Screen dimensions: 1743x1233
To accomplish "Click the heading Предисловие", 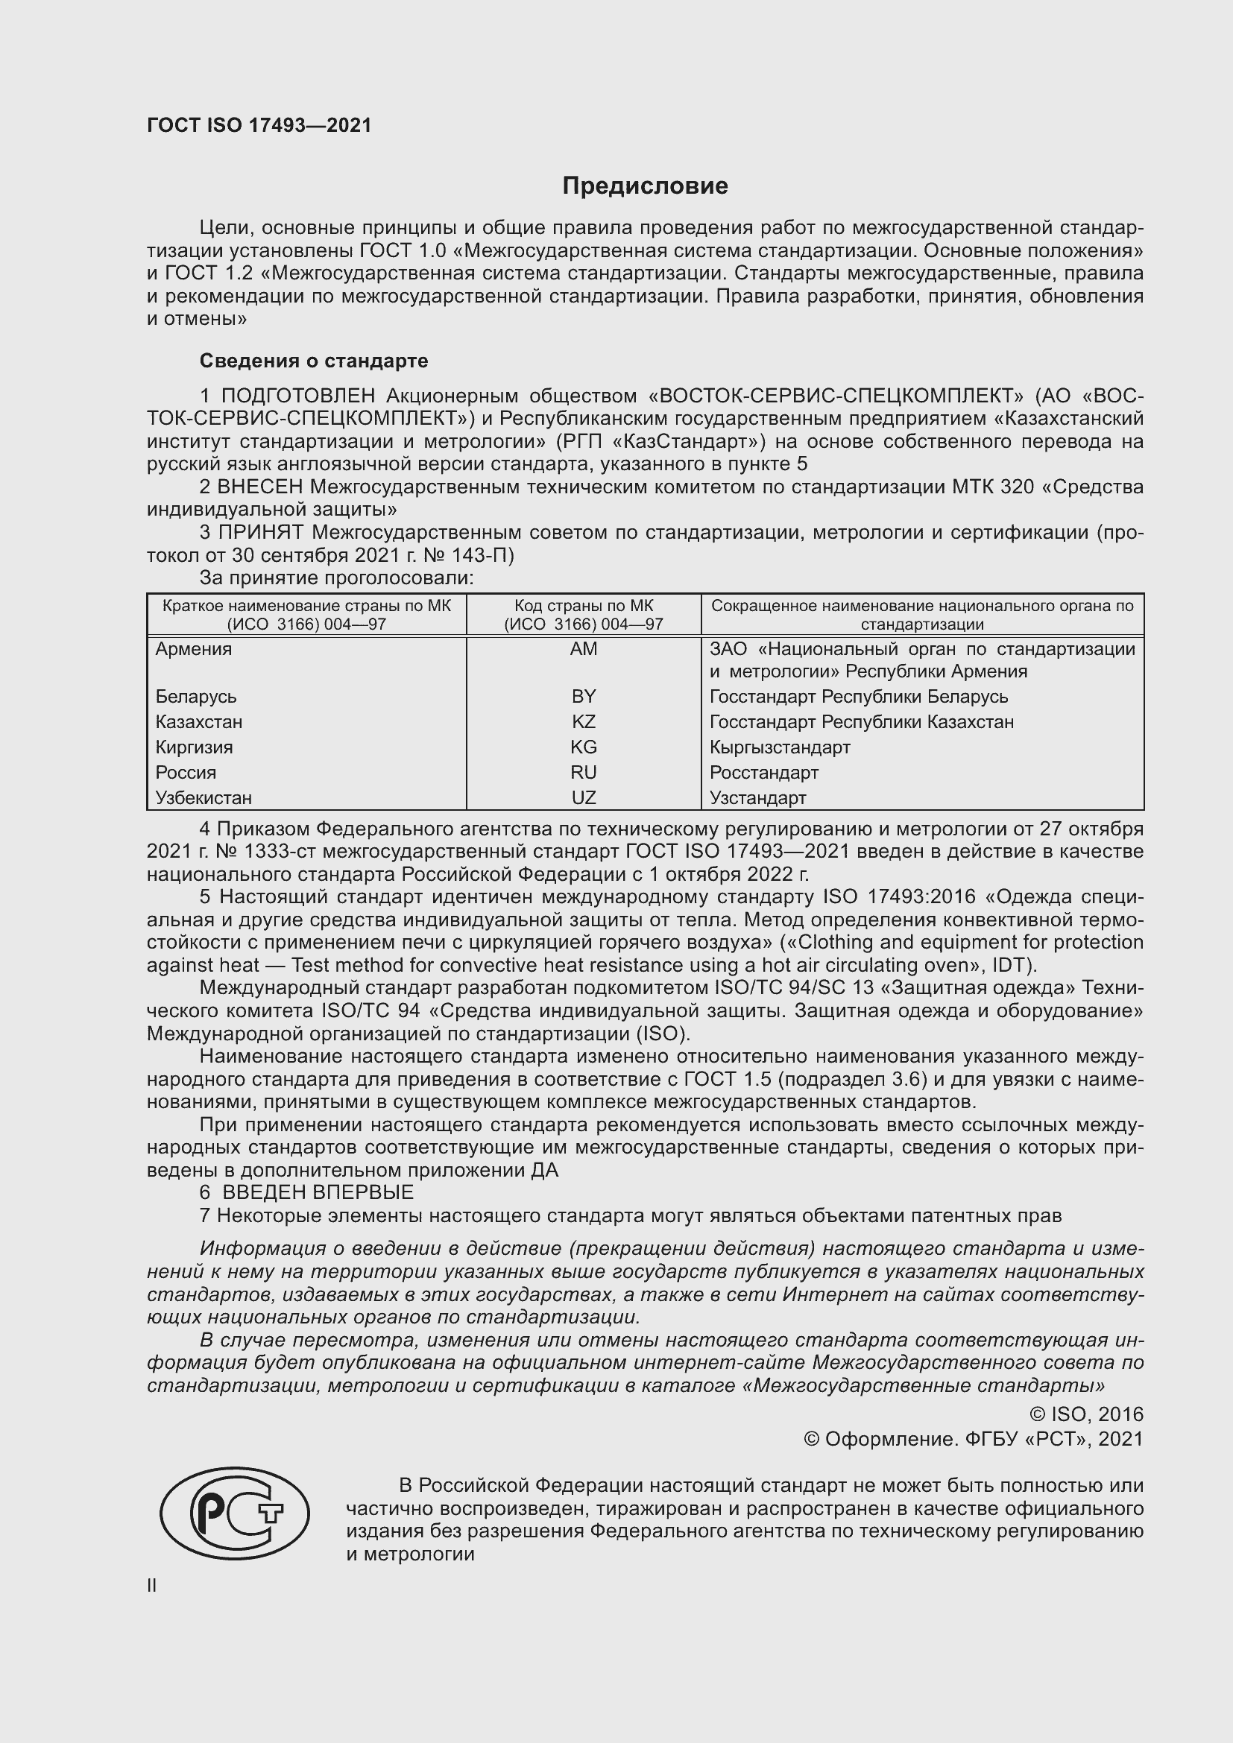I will point(645,186).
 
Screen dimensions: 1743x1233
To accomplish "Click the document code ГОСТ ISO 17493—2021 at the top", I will point(259,126).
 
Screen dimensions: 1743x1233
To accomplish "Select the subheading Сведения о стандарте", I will point(314,361).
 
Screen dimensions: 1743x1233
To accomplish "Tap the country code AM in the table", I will point(583,649).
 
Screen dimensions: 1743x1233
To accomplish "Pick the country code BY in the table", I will point(583,697).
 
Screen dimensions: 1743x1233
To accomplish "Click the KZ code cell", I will point(583,722).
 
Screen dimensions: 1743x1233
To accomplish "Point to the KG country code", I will point(583,747).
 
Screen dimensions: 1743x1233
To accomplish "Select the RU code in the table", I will point(583,773).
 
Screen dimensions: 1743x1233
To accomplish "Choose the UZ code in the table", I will point(583,798).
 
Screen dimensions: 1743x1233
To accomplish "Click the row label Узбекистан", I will point(204,798).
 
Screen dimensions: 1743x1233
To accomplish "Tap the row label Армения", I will point(194,649).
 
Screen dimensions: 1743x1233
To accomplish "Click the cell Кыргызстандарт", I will point(780,747).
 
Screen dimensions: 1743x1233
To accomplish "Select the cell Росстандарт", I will point(764,773).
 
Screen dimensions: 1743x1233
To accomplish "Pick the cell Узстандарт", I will point(757,798).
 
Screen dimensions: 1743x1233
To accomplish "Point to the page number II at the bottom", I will point(152,1586).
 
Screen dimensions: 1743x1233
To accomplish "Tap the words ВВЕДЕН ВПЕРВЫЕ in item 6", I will point(318,1192).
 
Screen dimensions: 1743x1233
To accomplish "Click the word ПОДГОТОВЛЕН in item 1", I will point(297,396).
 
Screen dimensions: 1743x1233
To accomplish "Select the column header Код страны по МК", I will point(583,606).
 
